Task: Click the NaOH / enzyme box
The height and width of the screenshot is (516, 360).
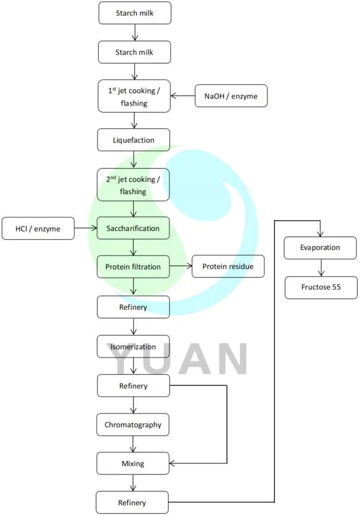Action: point(231,96)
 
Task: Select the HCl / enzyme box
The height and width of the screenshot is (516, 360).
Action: point(38,229)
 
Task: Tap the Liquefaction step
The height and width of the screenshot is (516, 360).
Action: point(134,140)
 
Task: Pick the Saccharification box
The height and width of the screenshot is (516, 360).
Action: point(134,229)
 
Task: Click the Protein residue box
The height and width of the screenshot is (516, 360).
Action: point(228,267)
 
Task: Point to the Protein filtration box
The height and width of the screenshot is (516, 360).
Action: point(134,267)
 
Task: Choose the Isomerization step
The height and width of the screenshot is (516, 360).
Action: point(134,347)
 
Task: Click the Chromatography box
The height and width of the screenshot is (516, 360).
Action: point(134,425)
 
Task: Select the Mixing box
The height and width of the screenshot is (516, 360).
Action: point(134,463)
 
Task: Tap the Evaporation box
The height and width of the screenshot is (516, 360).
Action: point(320,248)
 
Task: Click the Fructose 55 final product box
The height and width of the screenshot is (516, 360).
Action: point(320,287)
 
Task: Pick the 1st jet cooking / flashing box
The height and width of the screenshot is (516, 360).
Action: point(134,96)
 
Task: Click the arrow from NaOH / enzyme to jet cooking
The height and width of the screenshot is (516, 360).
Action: point(183,96)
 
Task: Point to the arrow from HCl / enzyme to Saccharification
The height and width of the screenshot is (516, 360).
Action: point(86,229)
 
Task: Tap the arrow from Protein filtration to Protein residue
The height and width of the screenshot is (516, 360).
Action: point(181,267)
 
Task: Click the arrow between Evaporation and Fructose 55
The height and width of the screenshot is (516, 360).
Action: point(320,268)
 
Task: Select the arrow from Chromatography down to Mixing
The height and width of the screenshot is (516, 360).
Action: point(134,444)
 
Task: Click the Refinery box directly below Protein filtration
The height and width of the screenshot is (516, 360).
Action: point(134,307)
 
